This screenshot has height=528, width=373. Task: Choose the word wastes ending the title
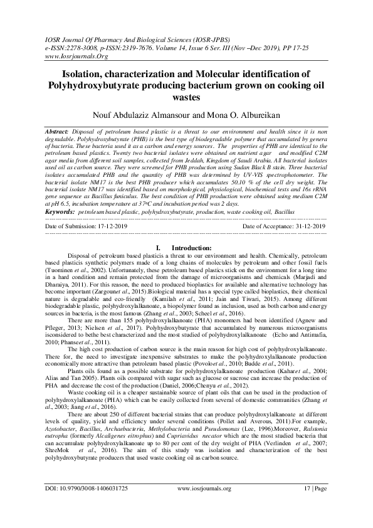[186, 97]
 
